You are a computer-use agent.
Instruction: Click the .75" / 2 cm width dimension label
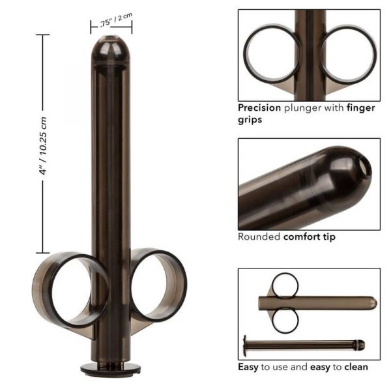tap(111, 22)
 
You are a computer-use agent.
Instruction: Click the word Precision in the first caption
tap(258, 108)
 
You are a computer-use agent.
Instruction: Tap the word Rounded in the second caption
tap(259, 237)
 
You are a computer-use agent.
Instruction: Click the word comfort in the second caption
tap(303, 237)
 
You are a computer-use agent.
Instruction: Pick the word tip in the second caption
tap(330, 237)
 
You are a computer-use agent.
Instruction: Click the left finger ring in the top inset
tap(272, 53)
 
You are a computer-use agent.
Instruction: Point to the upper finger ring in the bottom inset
tap(285, 285)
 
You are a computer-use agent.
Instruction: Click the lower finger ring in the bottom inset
tap(285, 321)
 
